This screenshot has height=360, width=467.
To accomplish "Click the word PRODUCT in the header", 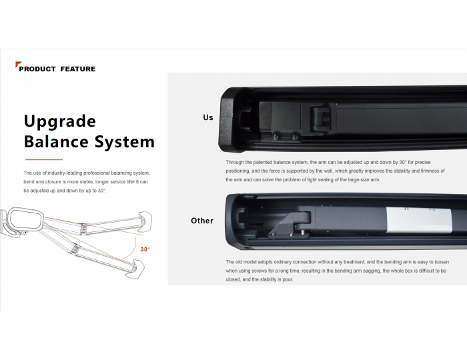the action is [x=37, y=69].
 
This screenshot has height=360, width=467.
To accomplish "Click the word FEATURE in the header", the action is [x=78, y=69].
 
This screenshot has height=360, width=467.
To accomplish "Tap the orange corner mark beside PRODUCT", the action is [x=18, y=65].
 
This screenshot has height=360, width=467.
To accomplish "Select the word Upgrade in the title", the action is [x=60, y=121].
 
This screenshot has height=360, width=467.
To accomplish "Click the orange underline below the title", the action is [x=44, y=160].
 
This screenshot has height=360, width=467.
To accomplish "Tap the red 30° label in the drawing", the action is [x=145, y=249].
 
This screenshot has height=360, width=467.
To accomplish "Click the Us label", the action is [x=208, y=117].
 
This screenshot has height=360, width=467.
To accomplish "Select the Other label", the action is [x=202, y=221].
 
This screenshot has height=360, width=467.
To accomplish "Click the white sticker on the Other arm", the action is [x=418, y=220].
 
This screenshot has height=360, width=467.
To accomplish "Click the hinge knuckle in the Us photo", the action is [x=320, y=119].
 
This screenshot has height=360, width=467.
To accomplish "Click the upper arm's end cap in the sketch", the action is [x=145, y=220].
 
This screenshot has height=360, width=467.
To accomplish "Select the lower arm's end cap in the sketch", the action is [x=135, y=269].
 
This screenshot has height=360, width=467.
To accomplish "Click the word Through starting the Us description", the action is [x=235, y=163].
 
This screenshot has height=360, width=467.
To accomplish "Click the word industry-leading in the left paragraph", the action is [x=65, y=173].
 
